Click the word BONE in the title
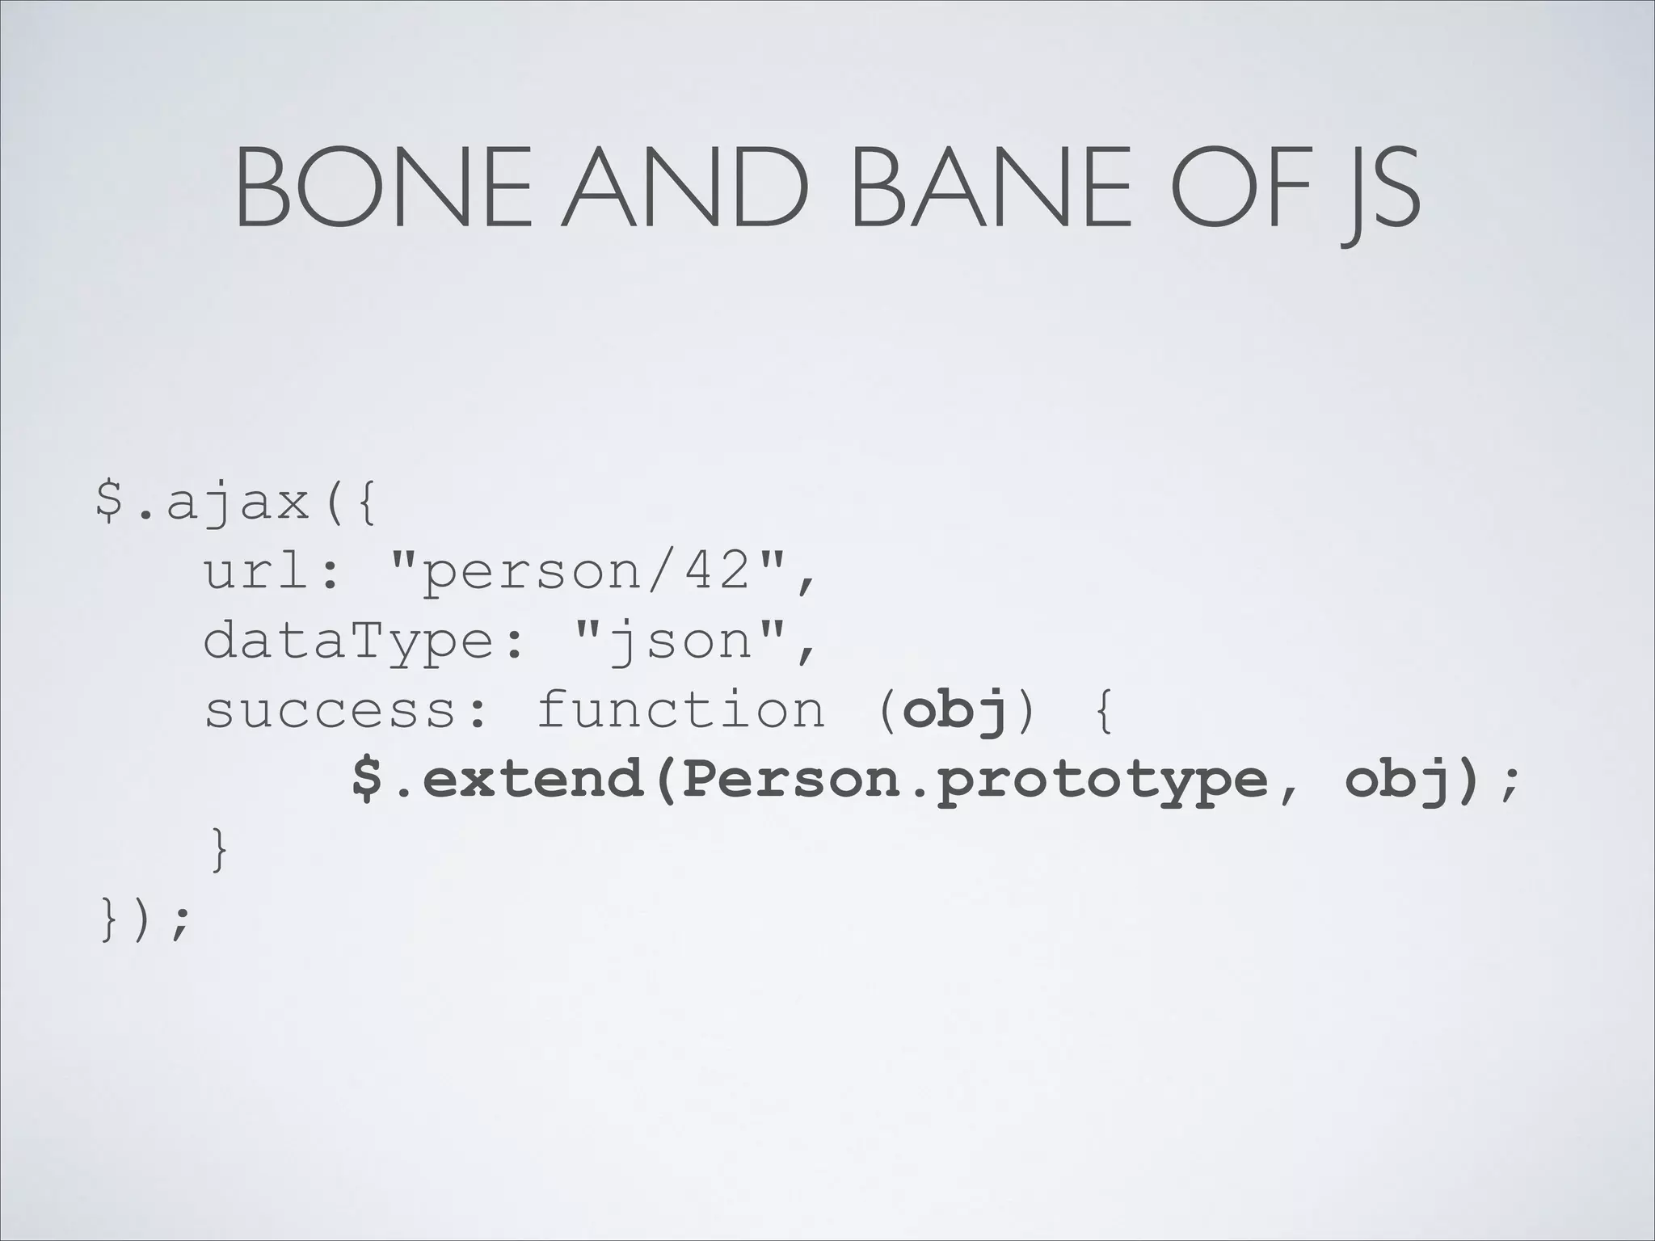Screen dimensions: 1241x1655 [x=383, y=188]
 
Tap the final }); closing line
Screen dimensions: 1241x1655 [x=145, y=919]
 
